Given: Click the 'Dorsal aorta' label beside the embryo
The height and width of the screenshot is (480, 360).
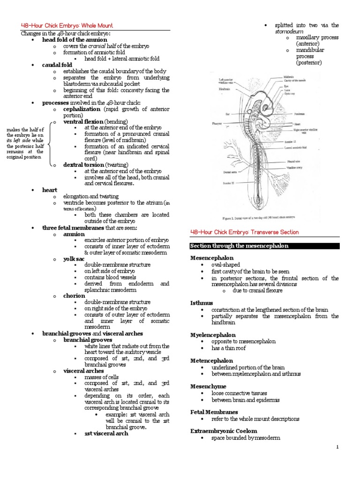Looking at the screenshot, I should (219, 172).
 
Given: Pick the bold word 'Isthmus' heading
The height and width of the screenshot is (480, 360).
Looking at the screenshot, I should (202, 303).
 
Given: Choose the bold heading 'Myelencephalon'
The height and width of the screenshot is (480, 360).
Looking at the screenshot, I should (210, 335).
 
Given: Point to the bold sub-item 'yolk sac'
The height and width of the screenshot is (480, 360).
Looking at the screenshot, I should (74, 258).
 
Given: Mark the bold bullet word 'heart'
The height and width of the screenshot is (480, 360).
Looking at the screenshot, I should (50, 190).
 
